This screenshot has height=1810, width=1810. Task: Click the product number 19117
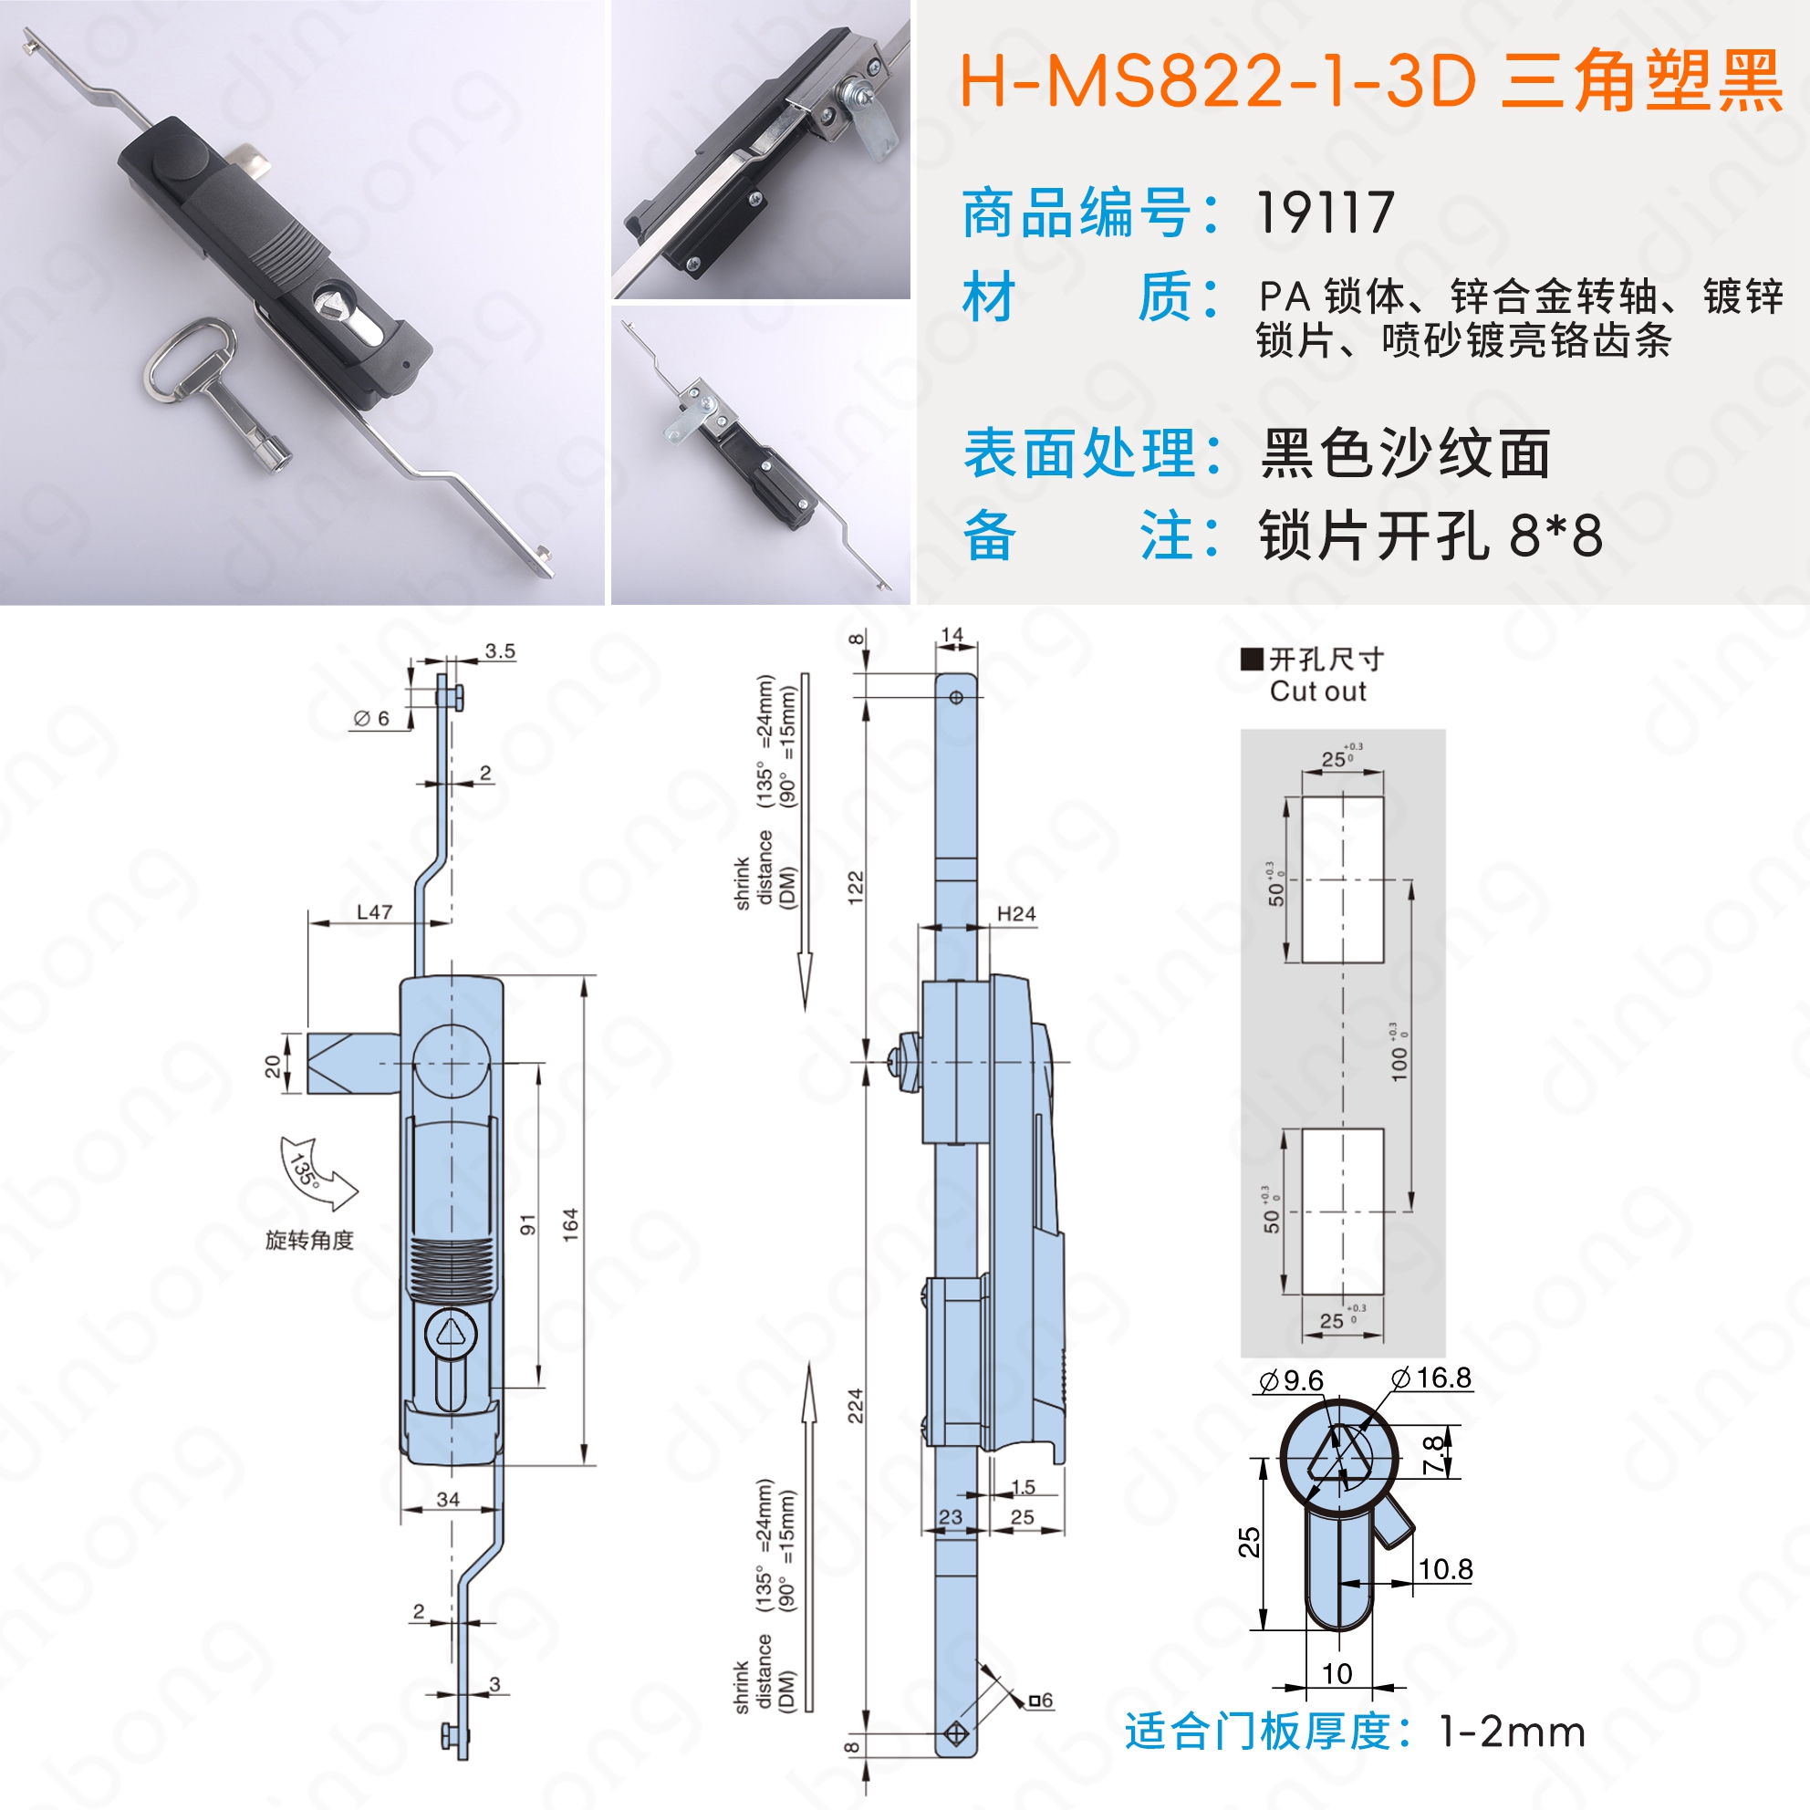click(1325, 213)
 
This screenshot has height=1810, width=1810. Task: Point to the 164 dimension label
click(570, 1225)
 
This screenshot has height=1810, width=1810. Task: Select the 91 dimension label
click(528, 1224)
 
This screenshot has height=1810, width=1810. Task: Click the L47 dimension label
click(375, 911)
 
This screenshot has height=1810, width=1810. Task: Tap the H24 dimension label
click(1016, 913)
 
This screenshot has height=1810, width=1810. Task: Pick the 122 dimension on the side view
click(856, 887)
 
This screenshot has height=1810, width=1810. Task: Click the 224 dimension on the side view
click(856, 1407)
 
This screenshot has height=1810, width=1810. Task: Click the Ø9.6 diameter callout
click(1292, 1380)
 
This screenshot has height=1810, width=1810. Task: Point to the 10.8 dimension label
click(1445, 1569)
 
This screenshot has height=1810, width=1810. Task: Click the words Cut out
click(1317, 692)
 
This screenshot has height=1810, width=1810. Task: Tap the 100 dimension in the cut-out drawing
click(1399, 1065)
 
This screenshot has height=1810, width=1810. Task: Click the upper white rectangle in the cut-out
click(1343, 879)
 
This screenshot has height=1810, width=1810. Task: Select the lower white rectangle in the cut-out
click(1343, 1212)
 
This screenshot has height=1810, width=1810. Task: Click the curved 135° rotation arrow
click(317, 1172)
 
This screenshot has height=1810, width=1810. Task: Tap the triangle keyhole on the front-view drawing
click(451, 1331)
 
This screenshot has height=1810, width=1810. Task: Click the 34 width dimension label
click(448, 1500)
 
